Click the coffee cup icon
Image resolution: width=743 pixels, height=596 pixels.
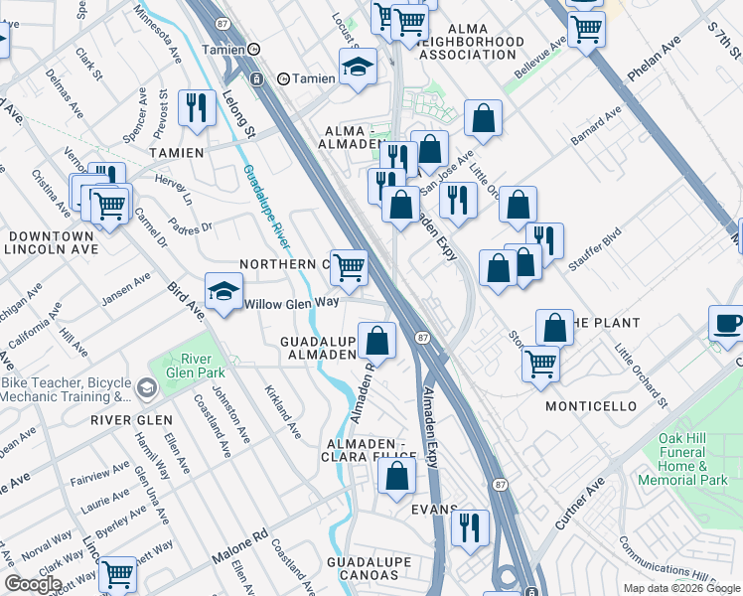click(x=728, y=323)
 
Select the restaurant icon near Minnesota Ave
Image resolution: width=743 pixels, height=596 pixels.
click(x=196, y=105)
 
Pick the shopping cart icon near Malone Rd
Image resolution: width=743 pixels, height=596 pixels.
click(x=117, y=573)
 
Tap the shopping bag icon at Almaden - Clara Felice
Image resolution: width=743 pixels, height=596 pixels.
click(x=396, y=473)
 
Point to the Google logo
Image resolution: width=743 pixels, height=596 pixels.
click(x=33, y=584)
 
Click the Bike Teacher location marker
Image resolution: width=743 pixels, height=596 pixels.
click(x=147, y=386)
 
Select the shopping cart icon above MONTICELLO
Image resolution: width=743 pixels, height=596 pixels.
click(x=540, y=363)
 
